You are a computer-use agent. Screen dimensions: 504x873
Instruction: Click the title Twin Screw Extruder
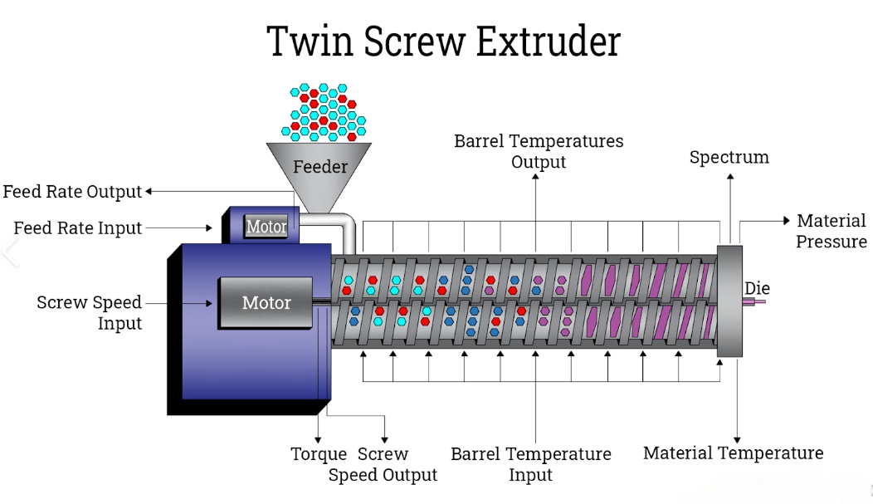click(x=444, y=42)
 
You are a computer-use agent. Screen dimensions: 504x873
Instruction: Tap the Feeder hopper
click(x=320, y=169)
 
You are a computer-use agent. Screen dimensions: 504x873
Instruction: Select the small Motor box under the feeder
click(x=266, y=226)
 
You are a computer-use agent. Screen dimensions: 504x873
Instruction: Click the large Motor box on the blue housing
click(x=266, y=302)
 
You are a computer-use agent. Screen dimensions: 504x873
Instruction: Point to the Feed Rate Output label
click(x=72, y=192)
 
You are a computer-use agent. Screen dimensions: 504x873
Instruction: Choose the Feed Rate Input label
click(x=78, y=228)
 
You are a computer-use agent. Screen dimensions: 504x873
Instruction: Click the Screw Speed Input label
click(x=90, y=312)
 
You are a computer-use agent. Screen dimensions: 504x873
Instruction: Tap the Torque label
click(x=319, y=454)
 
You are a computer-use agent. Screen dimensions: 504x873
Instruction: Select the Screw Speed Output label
click(x=383, y=465)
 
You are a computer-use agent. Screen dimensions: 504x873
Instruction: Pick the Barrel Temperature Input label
click(x=531, y=464)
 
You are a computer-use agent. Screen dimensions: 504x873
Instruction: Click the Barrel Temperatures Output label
click(x=539, y=151)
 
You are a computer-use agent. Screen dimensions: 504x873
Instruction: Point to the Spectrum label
click(x=729, y=157)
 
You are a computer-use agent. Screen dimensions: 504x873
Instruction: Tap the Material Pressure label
click(x=832, y=231)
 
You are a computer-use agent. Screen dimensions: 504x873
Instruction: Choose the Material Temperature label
click(x=734, y=453)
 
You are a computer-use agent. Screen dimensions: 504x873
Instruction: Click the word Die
click(x=757, y=288)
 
